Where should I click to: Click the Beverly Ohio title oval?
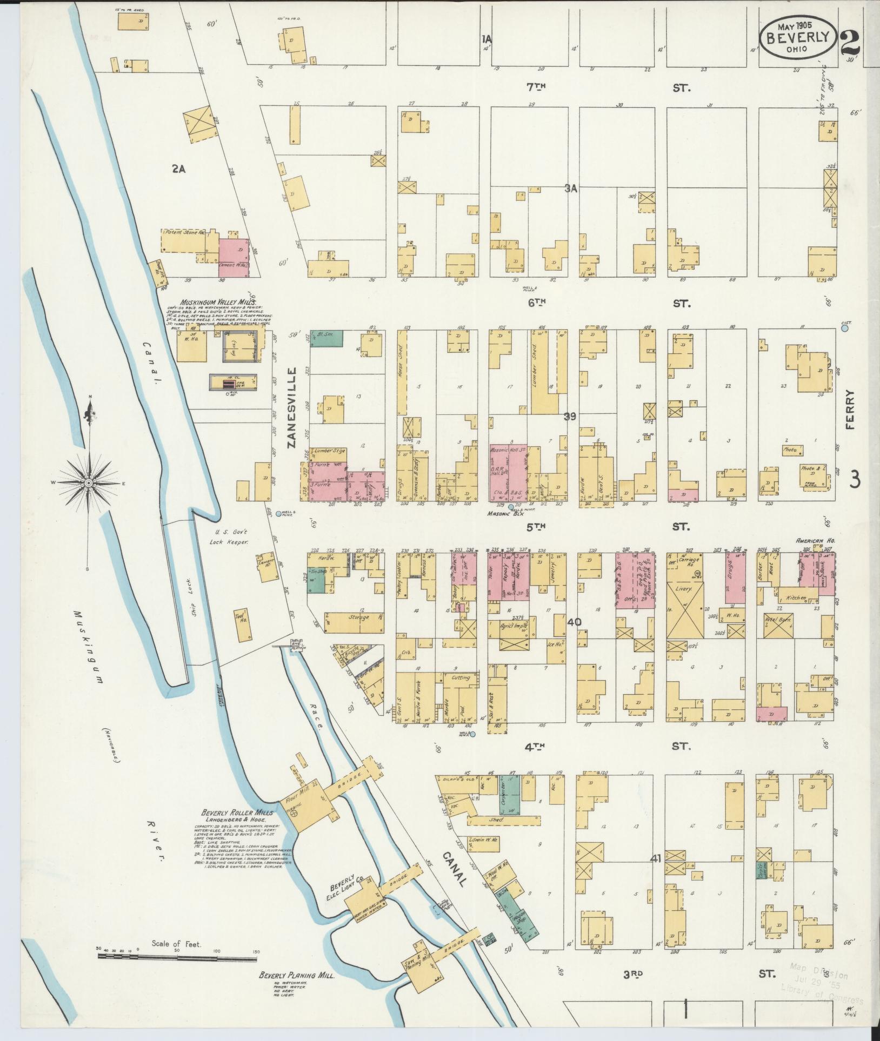pos(797,36)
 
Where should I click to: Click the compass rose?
pos(89,481)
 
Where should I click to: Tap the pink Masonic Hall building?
pos(508,473)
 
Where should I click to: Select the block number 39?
pos(570,416)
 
